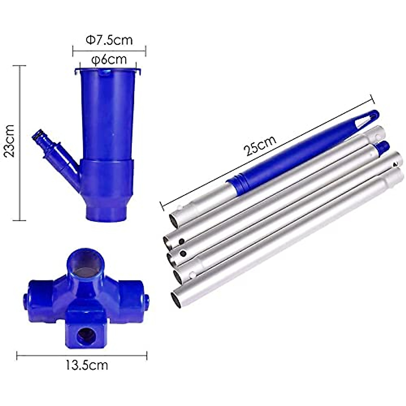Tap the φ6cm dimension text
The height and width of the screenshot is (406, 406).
coord(109,59)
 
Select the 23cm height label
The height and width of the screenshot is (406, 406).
coord(10,141)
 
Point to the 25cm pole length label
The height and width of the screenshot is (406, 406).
coord(260,146)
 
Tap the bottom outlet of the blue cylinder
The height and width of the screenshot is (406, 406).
coord(106,212)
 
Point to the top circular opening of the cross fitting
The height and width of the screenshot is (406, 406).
coord(86,261)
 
